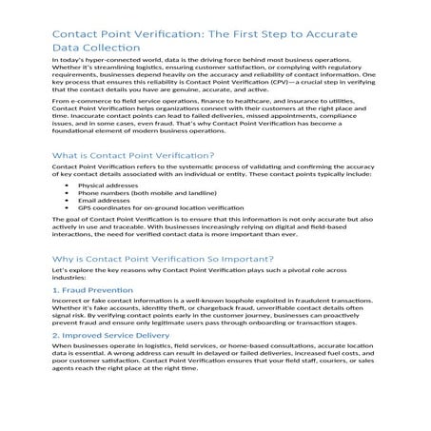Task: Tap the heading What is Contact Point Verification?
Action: pyautogui.click(x=119, y=154)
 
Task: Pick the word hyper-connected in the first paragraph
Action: pyautogui.click(x=109, y=59)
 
